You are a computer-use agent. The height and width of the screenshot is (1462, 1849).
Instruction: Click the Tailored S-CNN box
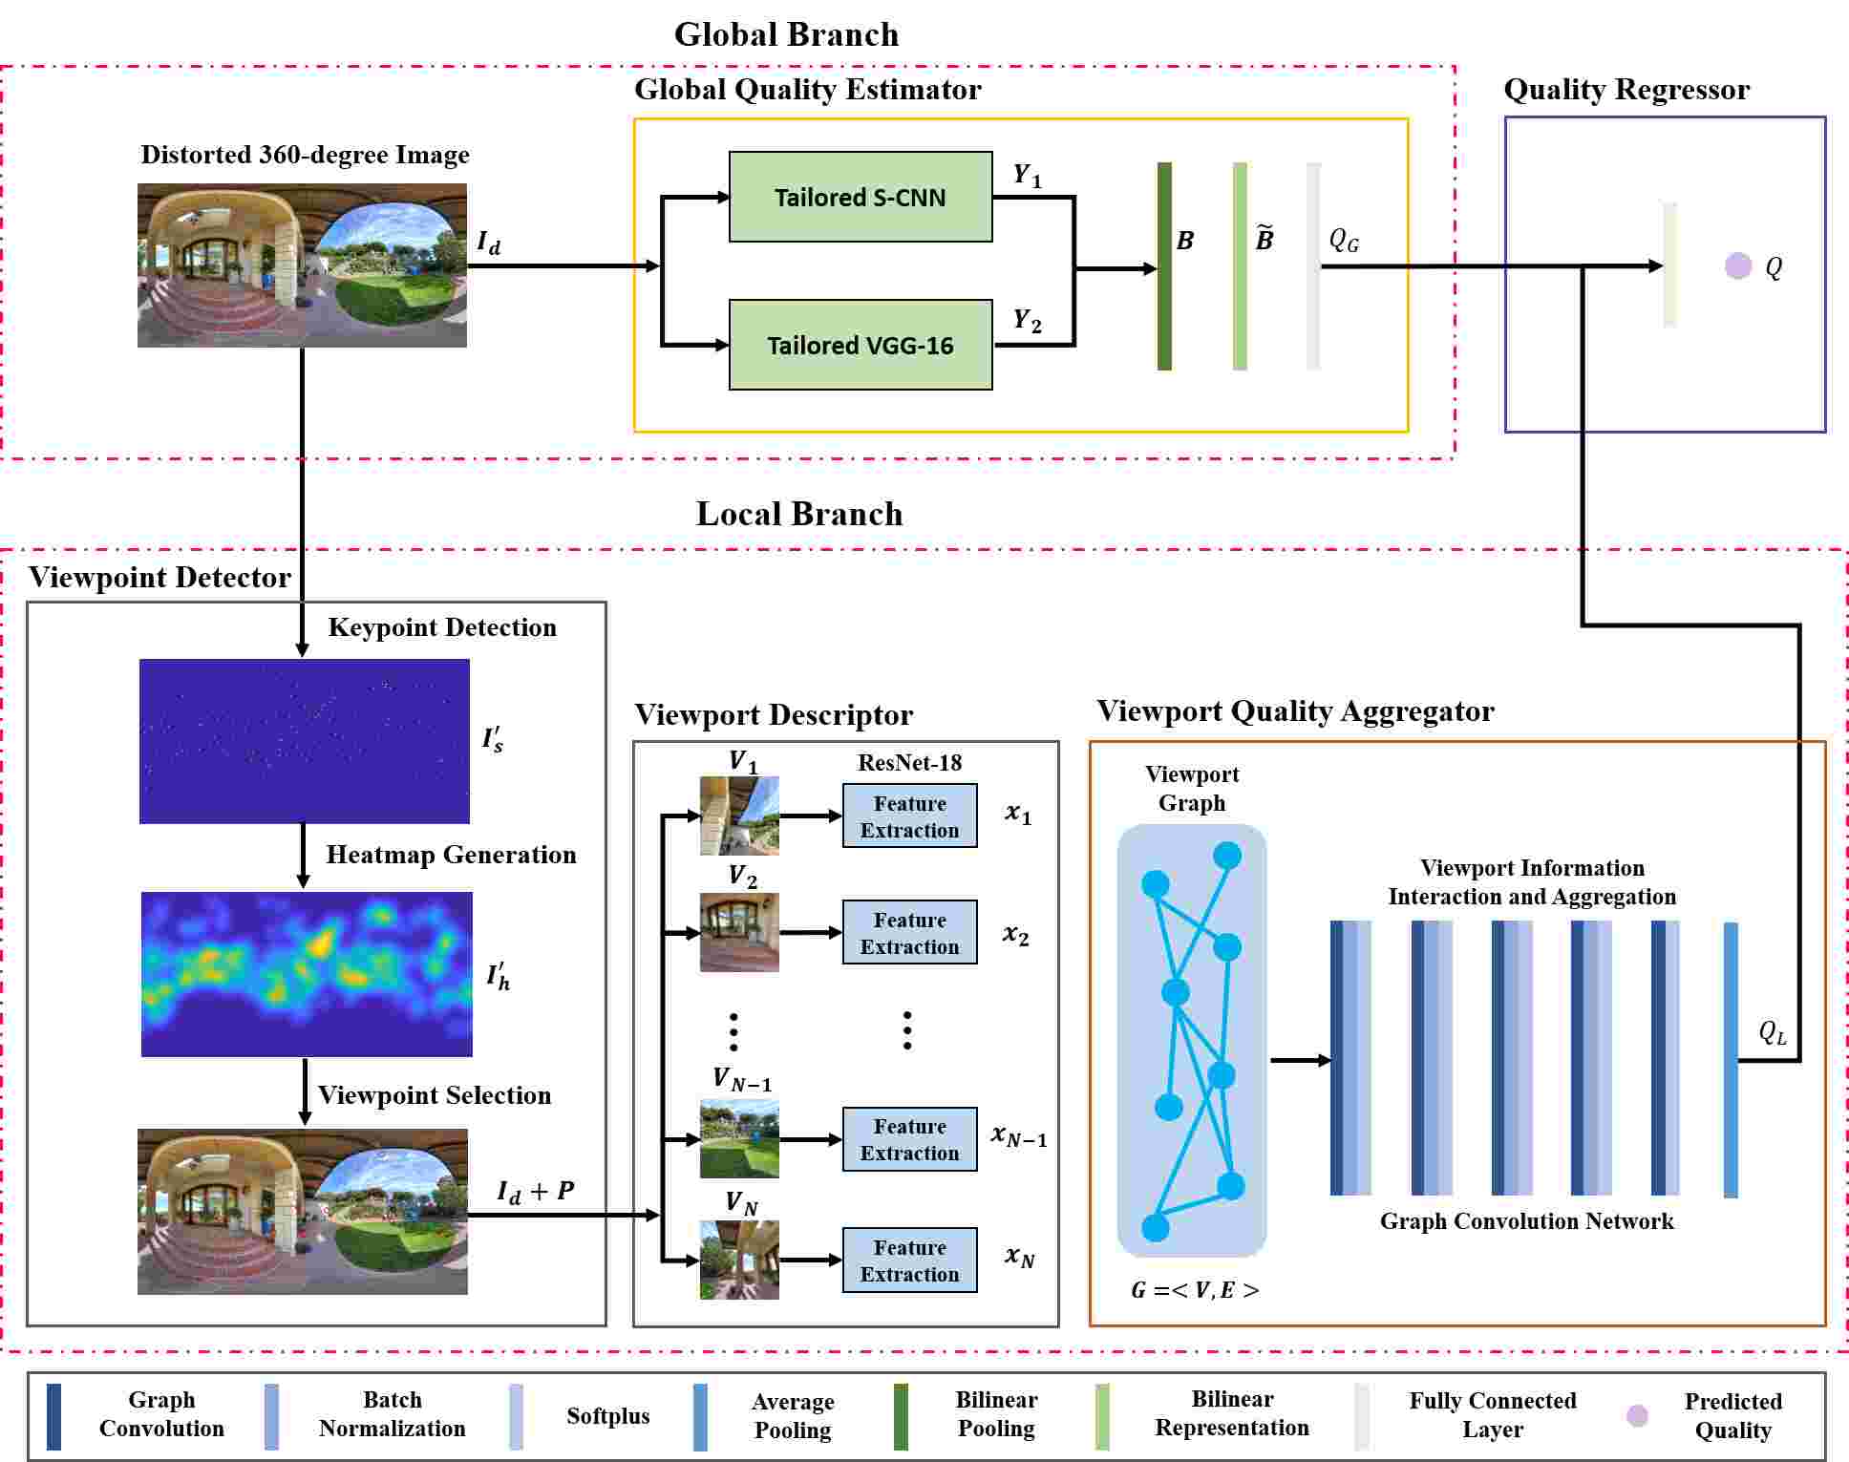click(x=860, y=197)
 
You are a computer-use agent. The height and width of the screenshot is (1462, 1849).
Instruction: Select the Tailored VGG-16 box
click(x=860, y=345)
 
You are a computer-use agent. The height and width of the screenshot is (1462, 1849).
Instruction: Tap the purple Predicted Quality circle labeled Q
click(x=1737, y=265)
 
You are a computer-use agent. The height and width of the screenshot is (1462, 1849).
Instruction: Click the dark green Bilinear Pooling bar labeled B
click(x=1164, y=265)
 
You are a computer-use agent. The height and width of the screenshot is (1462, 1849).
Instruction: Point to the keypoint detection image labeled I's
click(x=304, y=741)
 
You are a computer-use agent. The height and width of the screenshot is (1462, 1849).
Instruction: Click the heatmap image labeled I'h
click(x=306, y=974)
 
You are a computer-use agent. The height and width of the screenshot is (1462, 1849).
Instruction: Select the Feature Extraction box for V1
click(x=909, y=816)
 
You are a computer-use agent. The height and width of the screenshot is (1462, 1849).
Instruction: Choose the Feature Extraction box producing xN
click(x=909, y=1261)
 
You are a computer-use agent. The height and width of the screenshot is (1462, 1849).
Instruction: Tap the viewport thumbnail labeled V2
click(x=739, y=932)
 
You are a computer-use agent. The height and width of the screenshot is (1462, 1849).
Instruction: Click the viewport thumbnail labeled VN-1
click(x=739, y=1138)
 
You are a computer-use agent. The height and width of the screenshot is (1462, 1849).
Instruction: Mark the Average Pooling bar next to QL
click(x=1731, y=1059)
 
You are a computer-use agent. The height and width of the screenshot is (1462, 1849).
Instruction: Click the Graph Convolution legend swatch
click(x=54, y=1415)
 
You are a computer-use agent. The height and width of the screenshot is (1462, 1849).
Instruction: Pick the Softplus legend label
click(x=607, y=1415)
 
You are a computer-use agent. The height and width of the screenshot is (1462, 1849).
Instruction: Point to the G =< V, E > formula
click(x=1194, y=1290)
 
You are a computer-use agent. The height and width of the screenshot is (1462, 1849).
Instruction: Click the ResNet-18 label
click(x=909, y=762)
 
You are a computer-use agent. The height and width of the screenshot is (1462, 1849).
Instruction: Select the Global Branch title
click(x=786, y=34)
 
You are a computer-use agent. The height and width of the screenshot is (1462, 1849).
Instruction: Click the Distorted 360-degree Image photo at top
click(x=302, y=265)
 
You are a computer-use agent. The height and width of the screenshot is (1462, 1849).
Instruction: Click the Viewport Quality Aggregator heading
click(x=1294, y=710)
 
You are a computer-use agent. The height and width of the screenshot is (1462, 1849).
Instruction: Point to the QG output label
click(x=1344, y=240)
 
